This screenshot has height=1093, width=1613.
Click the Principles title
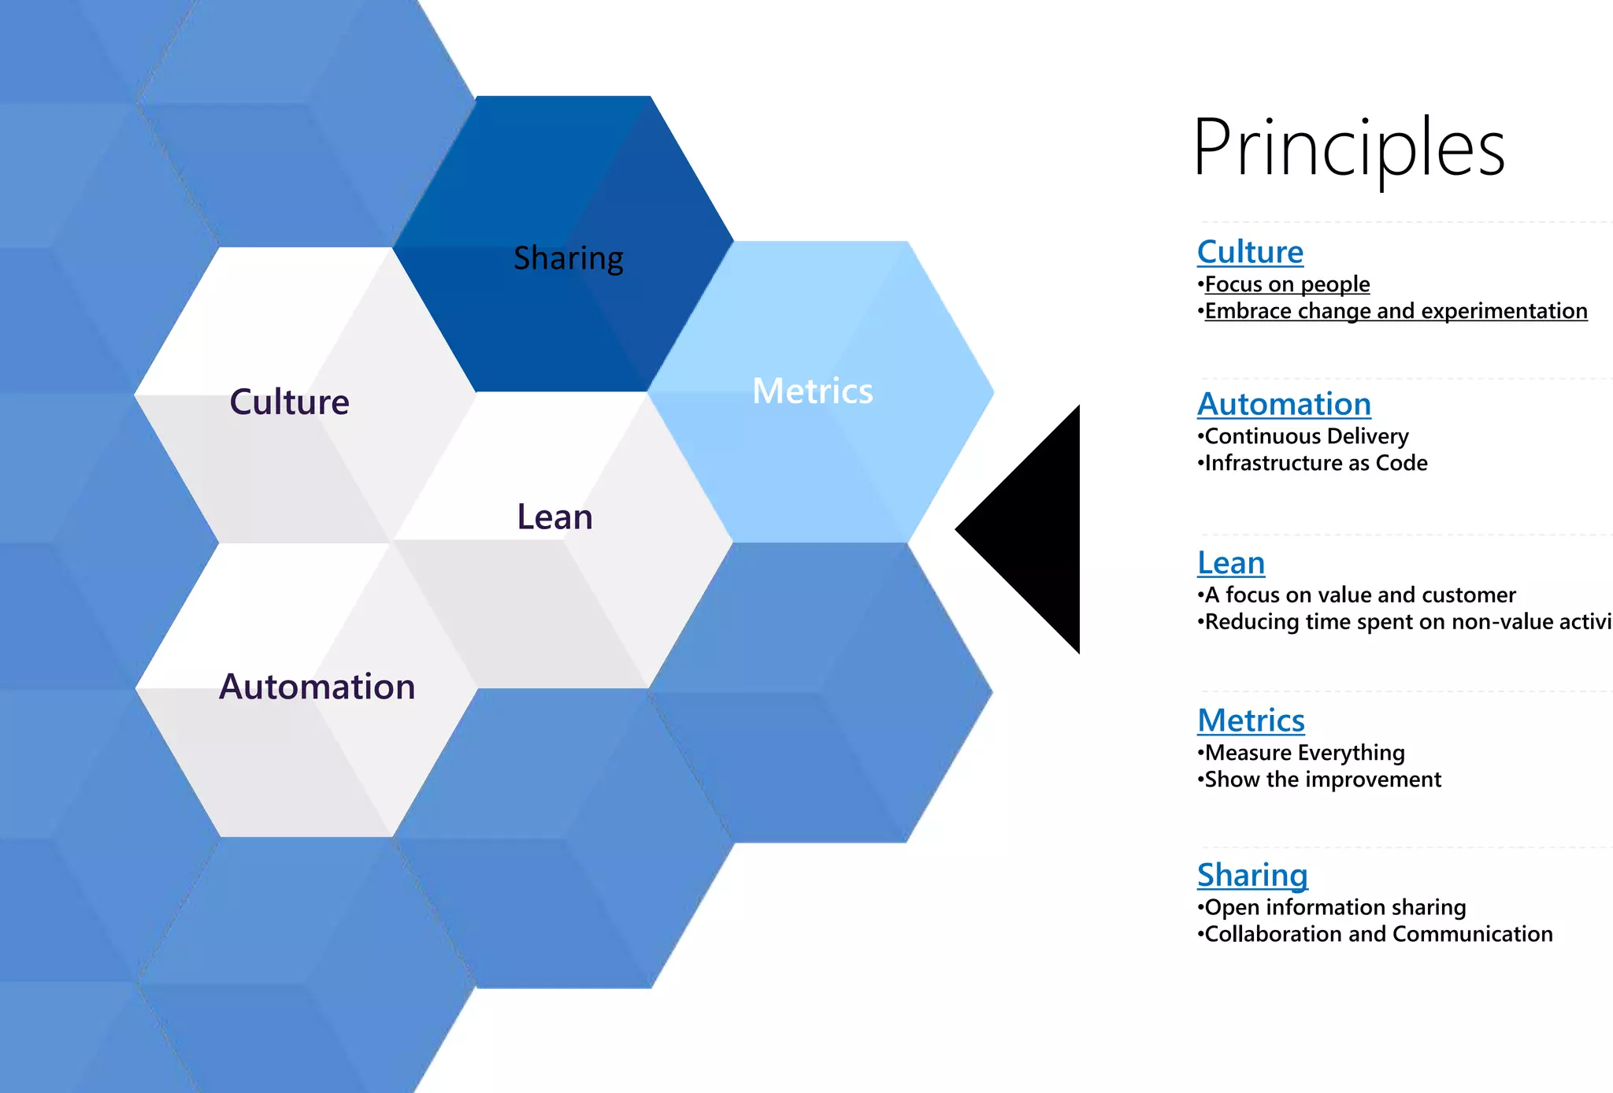click(1348, 148)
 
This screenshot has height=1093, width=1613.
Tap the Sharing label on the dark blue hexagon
click(568, 258)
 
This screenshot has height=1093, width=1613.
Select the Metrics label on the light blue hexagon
click(812, 391)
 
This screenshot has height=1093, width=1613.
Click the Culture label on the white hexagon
click(289, 402)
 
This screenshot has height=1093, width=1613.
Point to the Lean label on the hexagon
click(554, 517)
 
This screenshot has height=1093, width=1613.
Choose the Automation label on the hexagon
click(317, 687)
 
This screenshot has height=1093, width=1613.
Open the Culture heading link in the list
click(1250, 252)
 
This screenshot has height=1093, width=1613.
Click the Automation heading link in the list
click(1284, 404)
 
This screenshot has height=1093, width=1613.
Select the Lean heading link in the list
click(1231, 563)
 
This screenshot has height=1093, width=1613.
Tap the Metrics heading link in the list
click(1251, 721)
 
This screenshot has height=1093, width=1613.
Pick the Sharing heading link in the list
click(1252, 875)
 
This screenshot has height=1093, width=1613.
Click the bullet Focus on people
click(1287, 284)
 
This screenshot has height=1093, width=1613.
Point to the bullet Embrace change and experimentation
click(1396, 311)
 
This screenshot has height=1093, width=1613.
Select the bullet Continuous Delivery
click(1306, 436)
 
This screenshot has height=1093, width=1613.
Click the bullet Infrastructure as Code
click(1315, 463)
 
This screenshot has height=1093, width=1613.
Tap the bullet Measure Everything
click(1304, 753)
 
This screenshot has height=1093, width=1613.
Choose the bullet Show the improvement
click(1322, 780)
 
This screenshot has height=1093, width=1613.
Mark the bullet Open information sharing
click(1335, 907)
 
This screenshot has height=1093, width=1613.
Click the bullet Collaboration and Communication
click(1378, 934)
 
